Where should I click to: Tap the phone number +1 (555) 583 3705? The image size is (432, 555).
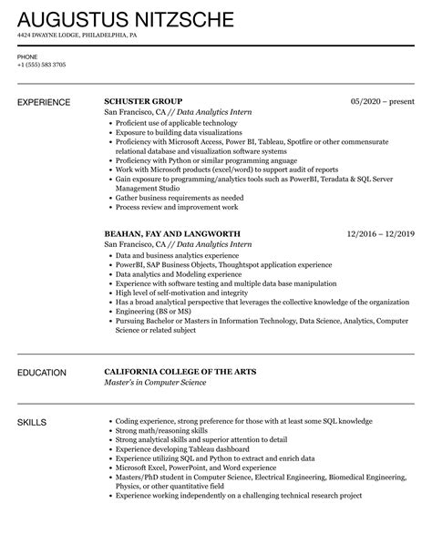click(x=42, y=65)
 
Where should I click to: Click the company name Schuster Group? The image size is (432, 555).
click(x=143, y=101)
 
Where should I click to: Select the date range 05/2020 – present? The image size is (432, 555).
click(x=383, y=101)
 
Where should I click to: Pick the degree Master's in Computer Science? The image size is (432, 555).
click(x=156, y=383)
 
